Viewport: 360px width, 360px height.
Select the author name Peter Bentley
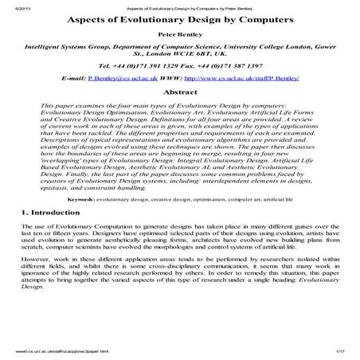pyautogui.click(x=179, y=37)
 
